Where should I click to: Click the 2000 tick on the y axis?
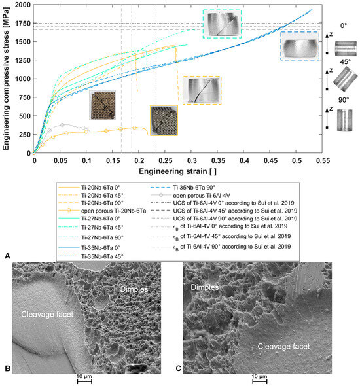(22, 5)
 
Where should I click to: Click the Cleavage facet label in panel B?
(54, 313)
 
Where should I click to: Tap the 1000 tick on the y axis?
(22, 79)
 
